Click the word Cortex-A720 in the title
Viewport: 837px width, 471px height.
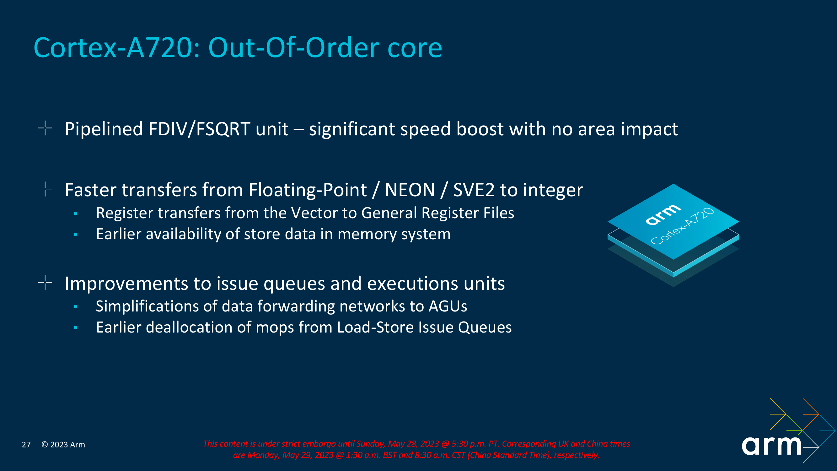tap(116, 48)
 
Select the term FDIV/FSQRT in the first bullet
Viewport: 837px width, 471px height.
tap(199, 129)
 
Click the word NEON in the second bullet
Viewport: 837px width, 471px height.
tap(410, 190)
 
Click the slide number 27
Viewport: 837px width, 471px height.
tap(26, 445)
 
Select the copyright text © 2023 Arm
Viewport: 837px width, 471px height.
tap(63, 445)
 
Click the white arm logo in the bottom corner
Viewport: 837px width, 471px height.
tap(771, 446)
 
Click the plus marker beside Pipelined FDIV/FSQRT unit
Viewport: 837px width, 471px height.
tap(45, 128)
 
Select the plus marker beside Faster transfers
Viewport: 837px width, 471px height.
tap(45, 189)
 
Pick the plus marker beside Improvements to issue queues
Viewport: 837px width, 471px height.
tap(45, 283)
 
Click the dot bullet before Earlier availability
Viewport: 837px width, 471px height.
tap(75, 234)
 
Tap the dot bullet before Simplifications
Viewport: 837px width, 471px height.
tap(75, 306)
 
